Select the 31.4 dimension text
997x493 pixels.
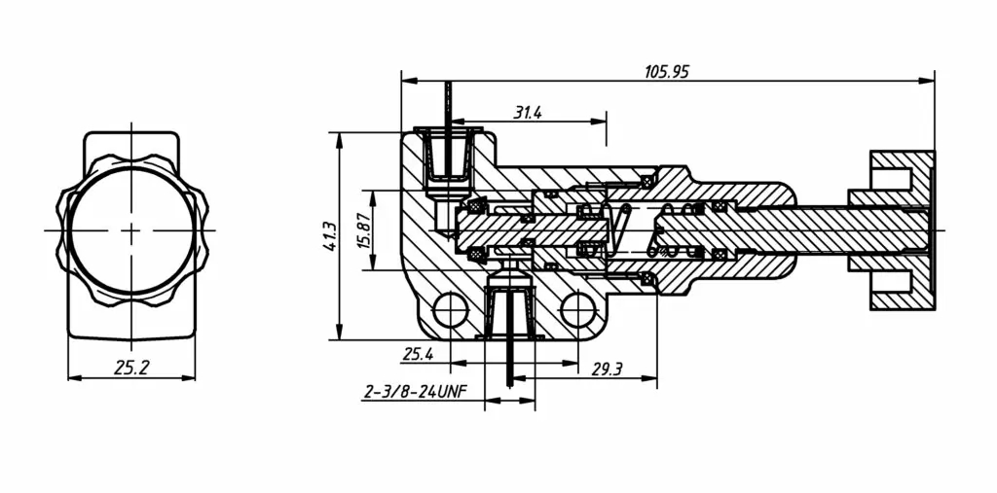coord(528,113)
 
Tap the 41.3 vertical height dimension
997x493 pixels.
coord(330,236)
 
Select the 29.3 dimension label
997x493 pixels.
coord(607,368)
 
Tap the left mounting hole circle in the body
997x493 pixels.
coord(450,310)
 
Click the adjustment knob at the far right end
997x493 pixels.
coord(901,230)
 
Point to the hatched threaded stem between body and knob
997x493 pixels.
coord(818,230)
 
